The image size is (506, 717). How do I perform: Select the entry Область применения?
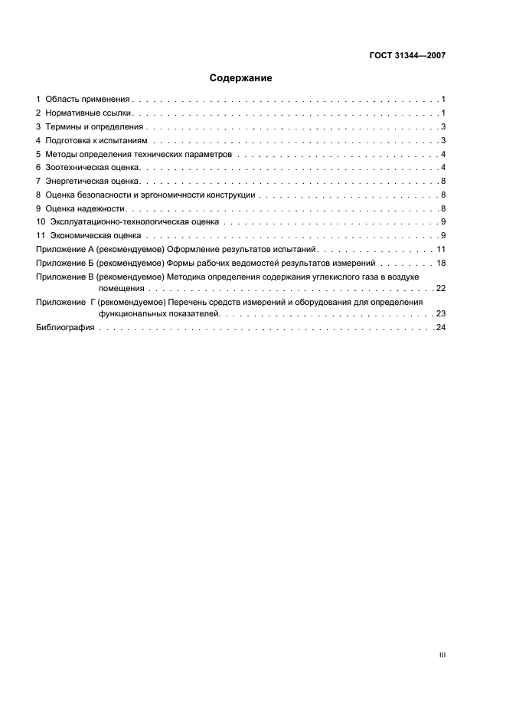click(x=88, y=100)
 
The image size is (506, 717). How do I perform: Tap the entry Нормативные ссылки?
click(x=89, y=113)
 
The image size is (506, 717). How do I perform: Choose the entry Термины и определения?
click(x=94, y=127)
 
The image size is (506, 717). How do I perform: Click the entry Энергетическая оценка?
click(x=92, y=182)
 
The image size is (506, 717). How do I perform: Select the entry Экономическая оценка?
click(x=95, y=236)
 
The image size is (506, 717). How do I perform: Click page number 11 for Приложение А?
click(x=441, y=250)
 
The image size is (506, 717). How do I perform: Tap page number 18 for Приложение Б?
click(x=441, y=263)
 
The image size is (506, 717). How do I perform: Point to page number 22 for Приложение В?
click(x=440, y=288)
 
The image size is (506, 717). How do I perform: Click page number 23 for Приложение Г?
click(x=440, y=314)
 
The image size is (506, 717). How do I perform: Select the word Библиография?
click(x=65, y=328)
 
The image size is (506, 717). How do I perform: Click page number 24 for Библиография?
click(x=440, y=328)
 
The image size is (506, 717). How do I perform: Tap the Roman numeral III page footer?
click(x=442, y=656)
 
